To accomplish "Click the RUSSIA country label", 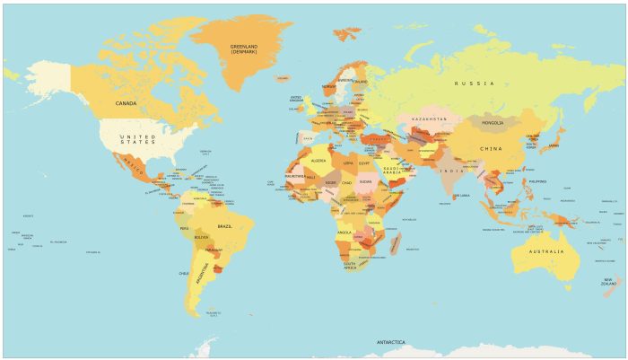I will pyautogui.click(x=474, y=83).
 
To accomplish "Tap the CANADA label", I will pyautogui.click(x=126, y=103).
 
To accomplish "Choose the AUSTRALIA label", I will pyautogui.click(x=546, y=251).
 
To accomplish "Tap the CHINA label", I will pyautogui.click(x=490, y=148).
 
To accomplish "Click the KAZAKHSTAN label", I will pyautogui.click(x=429, y=119).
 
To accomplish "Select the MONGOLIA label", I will pyautogui.click(x=493, y=122).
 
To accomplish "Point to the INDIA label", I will pyautogui.click(x=450, y=171).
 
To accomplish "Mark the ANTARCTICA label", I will pyautogui.click(x=390, y=343).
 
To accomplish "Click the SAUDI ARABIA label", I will pyautogui.click(x=396, y=170).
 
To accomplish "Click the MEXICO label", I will pyautogui.click(x=133, y=168).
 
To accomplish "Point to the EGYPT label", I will pyautogui.click(x=363, y=164).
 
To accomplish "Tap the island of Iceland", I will pyautogui.click(x=283, y=78).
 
